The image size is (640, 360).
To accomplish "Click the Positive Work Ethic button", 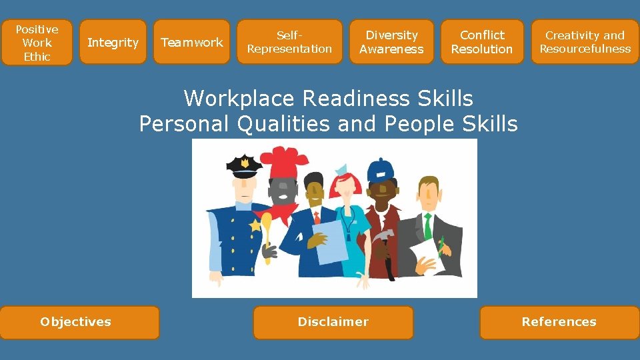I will (x=37, y=43).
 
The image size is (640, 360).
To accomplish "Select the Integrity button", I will (x=113, y=43).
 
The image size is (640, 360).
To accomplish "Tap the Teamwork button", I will (x=192, y=43).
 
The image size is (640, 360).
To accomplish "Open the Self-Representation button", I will (x=289, y=42).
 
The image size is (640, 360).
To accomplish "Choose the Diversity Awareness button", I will (x=391, y=42).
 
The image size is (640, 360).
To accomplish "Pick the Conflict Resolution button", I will (x=482, y=42).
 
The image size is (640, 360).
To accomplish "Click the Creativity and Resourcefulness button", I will (x=585, y=42).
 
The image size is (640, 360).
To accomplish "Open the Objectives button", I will (x=79, y=322).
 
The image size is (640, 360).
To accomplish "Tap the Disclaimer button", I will (x=333, y=322).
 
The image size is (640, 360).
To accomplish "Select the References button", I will (x=559, y=322).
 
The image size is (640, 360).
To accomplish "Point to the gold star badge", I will (x=254, y=226).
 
